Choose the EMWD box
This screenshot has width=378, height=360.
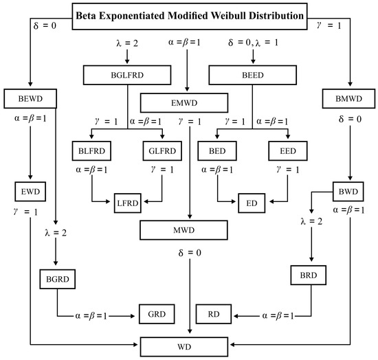tap(184, 102)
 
